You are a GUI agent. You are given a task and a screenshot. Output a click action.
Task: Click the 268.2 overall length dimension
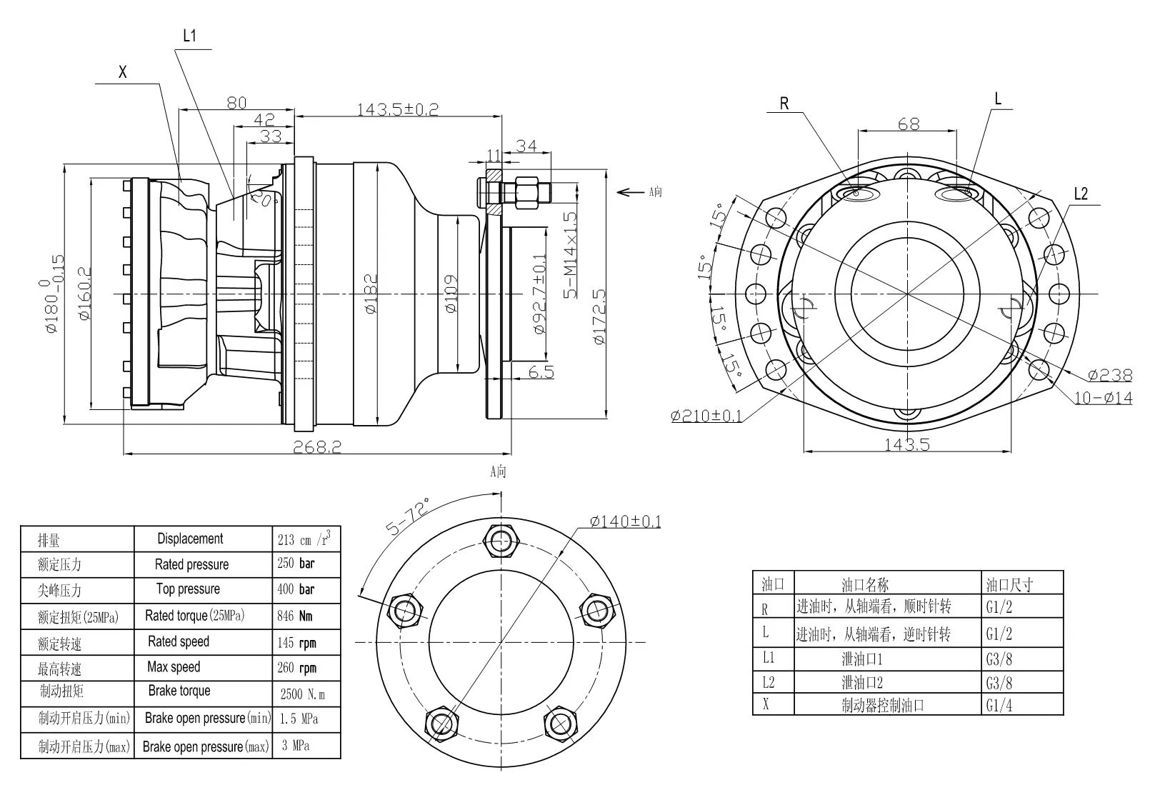point(318,446)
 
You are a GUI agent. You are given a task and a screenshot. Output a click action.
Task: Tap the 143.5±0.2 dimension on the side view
point(398,109)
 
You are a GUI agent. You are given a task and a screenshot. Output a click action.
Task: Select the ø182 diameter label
point(370,294)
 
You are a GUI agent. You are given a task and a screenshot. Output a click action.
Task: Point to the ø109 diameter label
point(451,294)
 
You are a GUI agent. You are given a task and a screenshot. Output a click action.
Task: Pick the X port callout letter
point(123,72)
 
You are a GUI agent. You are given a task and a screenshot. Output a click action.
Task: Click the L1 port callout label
point(189,36)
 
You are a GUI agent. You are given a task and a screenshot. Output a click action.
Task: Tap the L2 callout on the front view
point(1081,194)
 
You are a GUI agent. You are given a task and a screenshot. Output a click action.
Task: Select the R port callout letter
point(784,104)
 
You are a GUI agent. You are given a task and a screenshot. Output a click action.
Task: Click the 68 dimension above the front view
point(908,124)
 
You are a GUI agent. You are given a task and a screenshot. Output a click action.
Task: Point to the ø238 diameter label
point(1110,374)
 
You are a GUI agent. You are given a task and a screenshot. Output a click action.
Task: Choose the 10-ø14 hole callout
point(1104,398)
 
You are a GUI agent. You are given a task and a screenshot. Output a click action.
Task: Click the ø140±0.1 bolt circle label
point(626,521)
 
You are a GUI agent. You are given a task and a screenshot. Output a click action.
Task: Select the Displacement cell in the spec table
point(190,539)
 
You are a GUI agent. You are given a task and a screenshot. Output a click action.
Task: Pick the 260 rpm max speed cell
point(296,668)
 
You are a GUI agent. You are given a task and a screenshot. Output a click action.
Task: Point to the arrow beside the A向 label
point(630,191)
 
